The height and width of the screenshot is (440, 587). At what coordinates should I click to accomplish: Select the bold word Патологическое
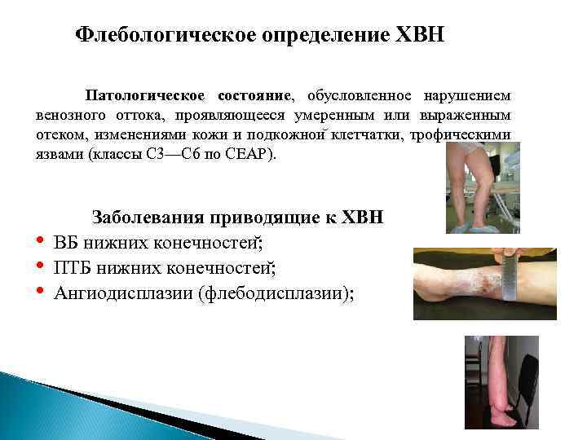pos(146,95)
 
